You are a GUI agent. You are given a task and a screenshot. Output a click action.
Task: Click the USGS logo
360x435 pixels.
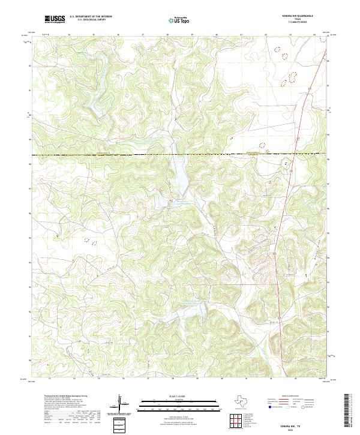point(55,19)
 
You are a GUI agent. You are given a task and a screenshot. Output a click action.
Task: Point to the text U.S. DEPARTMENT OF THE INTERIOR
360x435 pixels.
point(91,17)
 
